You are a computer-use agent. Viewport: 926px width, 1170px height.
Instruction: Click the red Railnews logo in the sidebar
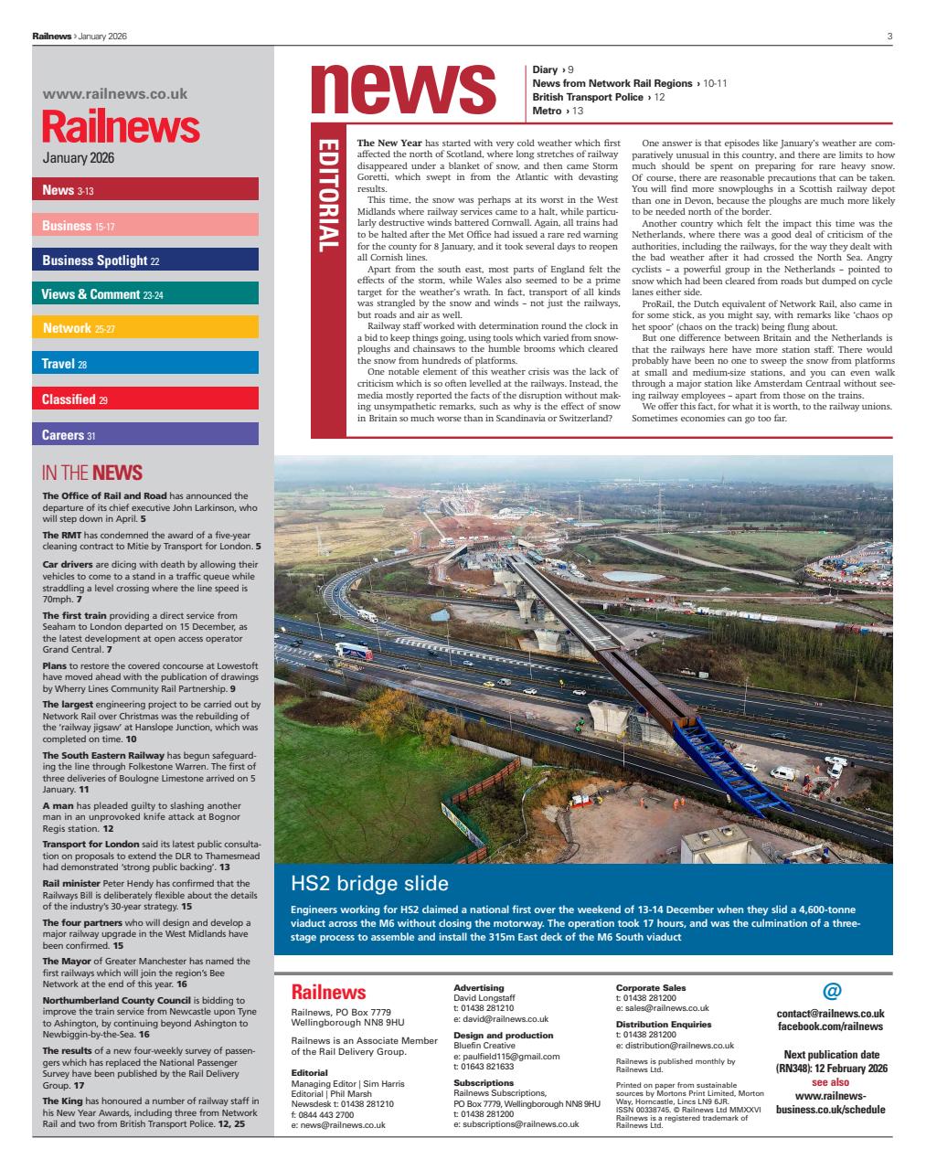[121, 128]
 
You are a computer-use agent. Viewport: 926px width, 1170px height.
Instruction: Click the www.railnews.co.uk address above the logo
[115, 93]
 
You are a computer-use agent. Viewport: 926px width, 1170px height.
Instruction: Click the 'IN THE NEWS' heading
[92, 473]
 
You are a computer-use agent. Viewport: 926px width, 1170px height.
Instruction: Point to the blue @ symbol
[831, 991]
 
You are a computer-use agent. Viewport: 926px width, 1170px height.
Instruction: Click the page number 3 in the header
[889, 36]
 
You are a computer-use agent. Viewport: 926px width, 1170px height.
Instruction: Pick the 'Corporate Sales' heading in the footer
[650, 987]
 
